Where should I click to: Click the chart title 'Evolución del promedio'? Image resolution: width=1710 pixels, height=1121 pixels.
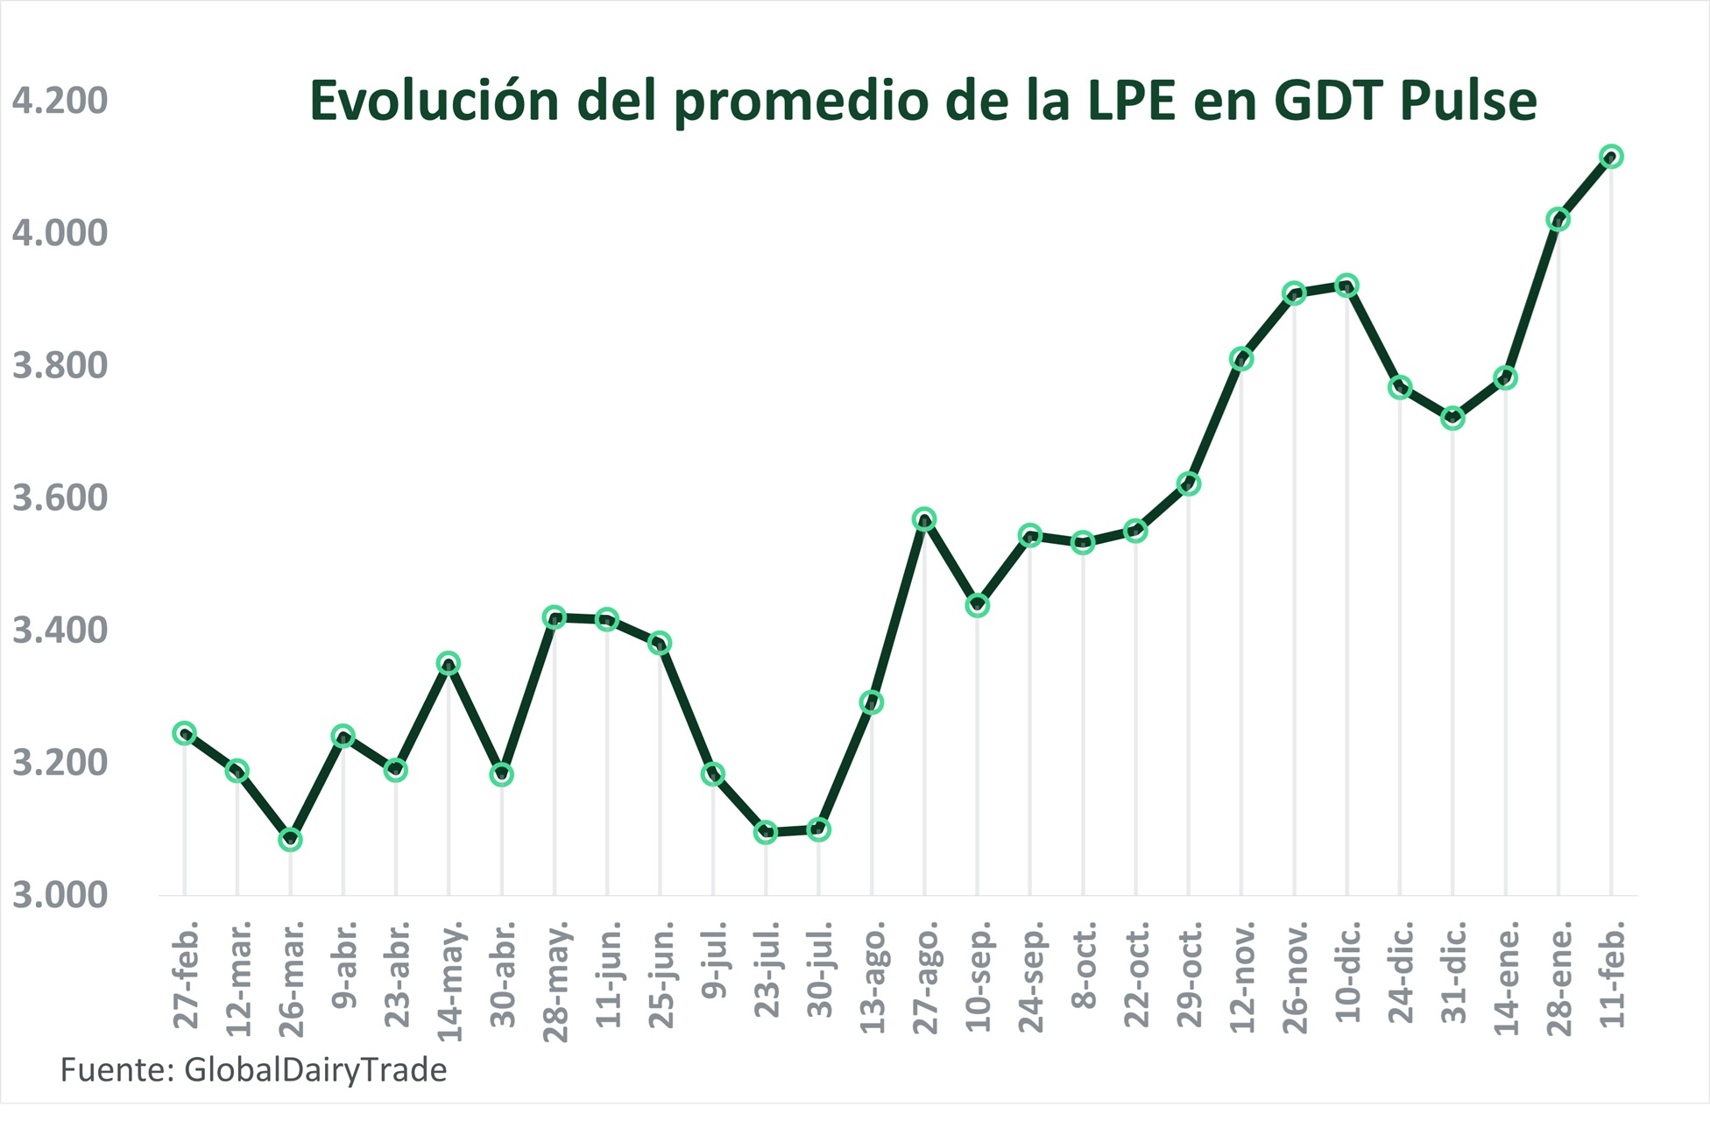(922, 101)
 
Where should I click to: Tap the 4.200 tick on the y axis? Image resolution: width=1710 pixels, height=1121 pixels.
(60, 101)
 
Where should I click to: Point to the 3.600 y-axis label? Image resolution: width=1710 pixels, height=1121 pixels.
(60, 497)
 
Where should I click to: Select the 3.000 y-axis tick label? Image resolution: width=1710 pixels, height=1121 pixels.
(60, 895)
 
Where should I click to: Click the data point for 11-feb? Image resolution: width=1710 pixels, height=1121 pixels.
(1611, 157)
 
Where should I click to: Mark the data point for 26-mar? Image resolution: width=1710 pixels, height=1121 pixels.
(290, 840)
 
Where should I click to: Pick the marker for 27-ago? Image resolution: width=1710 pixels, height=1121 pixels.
(924, 519)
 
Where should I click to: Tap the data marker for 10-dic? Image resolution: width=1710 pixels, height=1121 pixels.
(1347, 286)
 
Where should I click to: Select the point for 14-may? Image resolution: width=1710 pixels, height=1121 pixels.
(449, 663)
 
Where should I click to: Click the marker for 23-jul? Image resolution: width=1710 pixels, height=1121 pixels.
(766, 832)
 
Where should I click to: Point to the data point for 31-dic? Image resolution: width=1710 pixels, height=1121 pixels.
(1452, 418)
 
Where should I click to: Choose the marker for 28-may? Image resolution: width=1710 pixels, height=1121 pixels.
(555, 617)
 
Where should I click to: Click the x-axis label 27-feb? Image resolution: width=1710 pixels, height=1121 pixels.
(186, 974)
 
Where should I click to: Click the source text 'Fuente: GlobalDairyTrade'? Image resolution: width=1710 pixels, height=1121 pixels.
(253, 1070)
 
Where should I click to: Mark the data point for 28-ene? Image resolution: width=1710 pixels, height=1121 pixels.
(1558, 219)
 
